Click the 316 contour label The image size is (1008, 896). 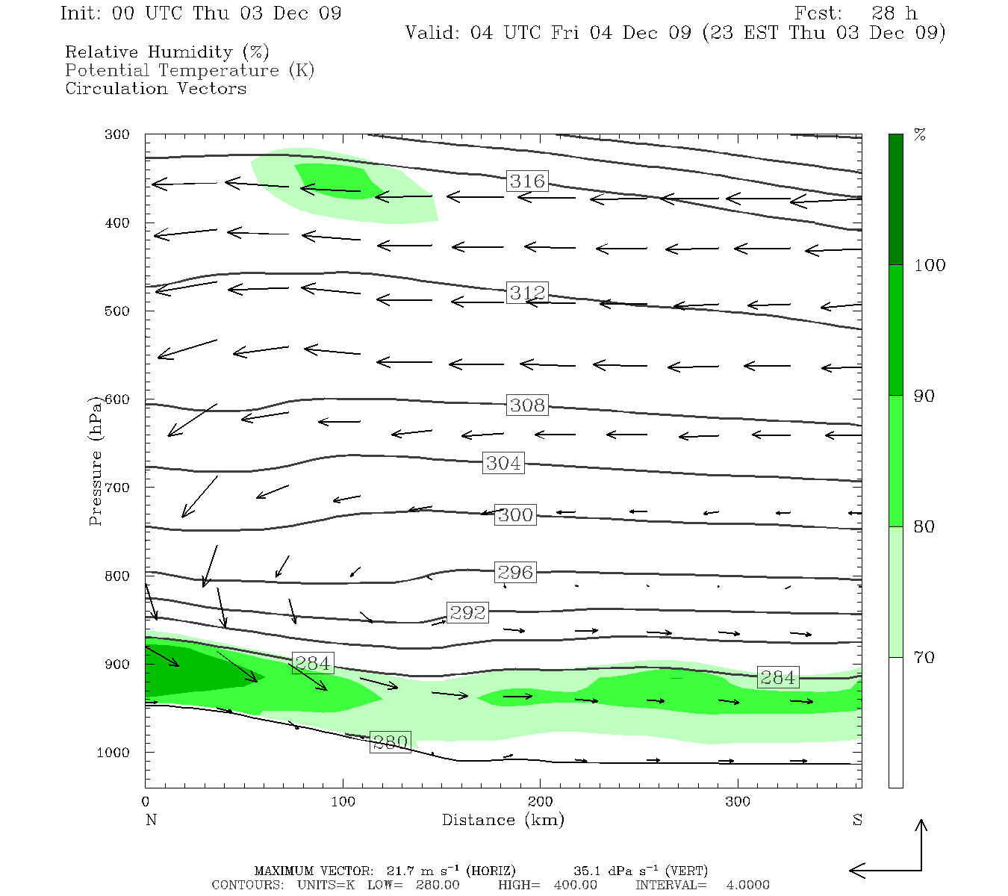coord(527,181)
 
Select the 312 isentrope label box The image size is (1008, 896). coord(527,293)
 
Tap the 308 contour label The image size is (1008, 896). coord(527,405)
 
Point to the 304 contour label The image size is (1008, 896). coord(503,464)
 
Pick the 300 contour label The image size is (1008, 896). coord(515,515)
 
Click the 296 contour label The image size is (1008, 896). coord(515,573)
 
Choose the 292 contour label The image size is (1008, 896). coord(467,613)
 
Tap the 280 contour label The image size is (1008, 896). coord(390,743)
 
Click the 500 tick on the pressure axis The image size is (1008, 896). coord(117,311)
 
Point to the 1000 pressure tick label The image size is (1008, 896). coord(113,753)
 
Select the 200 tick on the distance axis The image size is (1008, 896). coord(541,802)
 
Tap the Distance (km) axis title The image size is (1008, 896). coord(503,820)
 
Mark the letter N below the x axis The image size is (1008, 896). coord(151,820)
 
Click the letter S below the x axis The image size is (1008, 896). coord(857,820)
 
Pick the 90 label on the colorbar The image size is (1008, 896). coord(924,396)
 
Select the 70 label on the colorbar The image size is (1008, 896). coord(924,658)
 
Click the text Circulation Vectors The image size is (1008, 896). coord(155,88)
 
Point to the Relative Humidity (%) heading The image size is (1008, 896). coord(167,52)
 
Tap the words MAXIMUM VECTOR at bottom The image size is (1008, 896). coord(313,871)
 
